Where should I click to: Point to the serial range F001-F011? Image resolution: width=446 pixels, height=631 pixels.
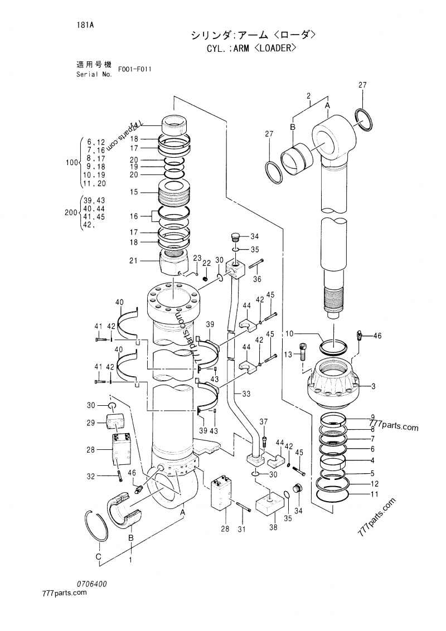coord(135,70)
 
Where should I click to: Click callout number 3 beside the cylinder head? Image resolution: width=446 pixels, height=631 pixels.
coord(374,386)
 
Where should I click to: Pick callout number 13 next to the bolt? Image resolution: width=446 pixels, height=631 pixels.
coord(289,354)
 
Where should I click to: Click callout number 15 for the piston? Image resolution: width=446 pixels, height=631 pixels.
coord(133,192)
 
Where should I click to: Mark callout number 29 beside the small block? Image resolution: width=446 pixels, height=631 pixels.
coord(90,423)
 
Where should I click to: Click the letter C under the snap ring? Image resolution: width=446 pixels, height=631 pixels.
coord(98,557)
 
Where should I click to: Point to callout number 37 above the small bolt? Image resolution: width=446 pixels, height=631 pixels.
coord(264,421)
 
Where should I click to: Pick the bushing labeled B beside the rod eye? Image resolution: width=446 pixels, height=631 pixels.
coord(296,156)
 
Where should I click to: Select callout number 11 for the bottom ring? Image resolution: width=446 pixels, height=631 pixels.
coord(374,494)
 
